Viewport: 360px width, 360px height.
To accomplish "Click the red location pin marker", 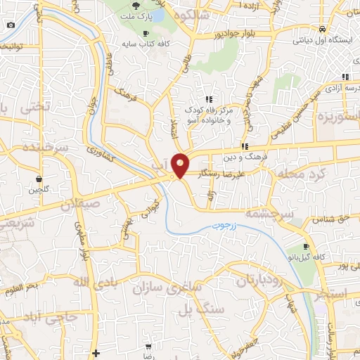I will pyautogui.click(x=181, y=165).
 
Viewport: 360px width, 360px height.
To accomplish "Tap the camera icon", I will pyautogui.click(x=11, y=25).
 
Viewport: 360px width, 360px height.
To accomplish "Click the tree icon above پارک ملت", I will pyautogui.click(x=145, y=6).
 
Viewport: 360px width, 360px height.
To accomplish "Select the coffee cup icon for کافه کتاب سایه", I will pyautogui.click(x=146, y=33).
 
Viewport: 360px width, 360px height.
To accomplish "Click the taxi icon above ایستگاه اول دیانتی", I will pyautogui.click(x=321, y=29).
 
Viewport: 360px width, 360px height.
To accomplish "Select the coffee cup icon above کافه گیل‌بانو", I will pyautogui.click(x=306, y=246).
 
